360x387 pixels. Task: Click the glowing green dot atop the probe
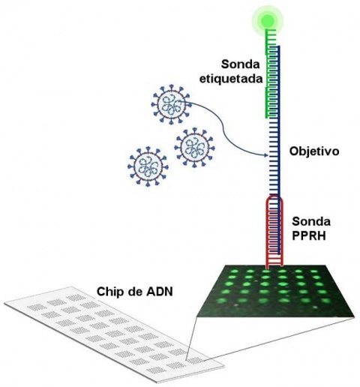tap(268, 19)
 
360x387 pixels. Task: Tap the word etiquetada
tap(231, 79)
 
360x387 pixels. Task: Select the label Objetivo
tap(314, 151)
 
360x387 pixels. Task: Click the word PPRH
tap(309, 235)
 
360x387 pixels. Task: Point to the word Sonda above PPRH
tap(311, 221)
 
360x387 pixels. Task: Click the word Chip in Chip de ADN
tap(108, 292)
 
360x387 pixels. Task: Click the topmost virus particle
tap(171, 104)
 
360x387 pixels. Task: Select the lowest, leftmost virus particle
tap(148, 166)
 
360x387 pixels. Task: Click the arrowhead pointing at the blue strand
tap(267, 155)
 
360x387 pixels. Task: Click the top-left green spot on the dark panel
tap(235, 271)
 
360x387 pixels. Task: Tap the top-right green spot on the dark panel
tap(313, 271)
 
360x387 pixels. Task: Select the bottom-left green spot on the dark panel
tap(221, 300)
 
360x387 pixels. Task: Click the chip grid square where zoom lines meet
tap(194, 361)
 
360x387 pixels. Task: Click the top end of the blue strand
tap(278, 46)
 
